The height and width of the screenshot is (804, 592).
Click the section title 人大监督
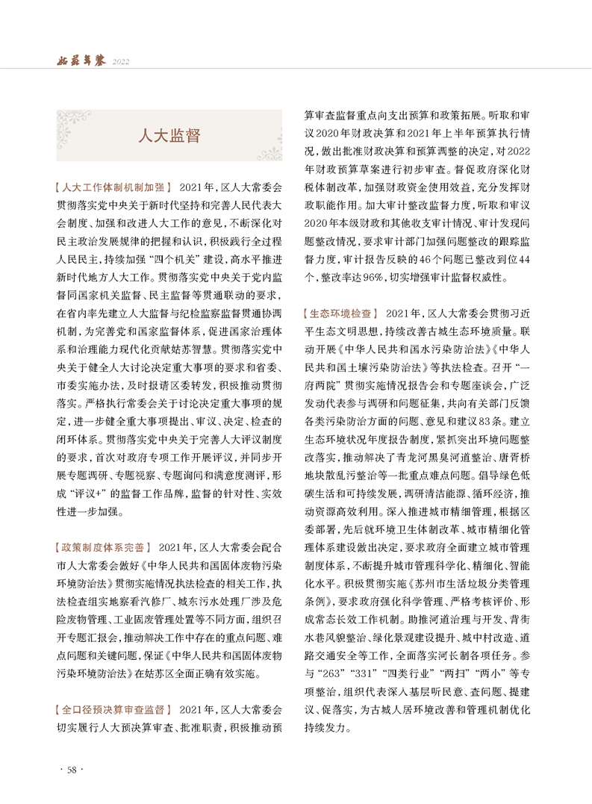click(169, 135)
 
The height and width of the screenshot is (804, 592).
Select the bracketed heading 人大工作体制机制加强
click(113, 187)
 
